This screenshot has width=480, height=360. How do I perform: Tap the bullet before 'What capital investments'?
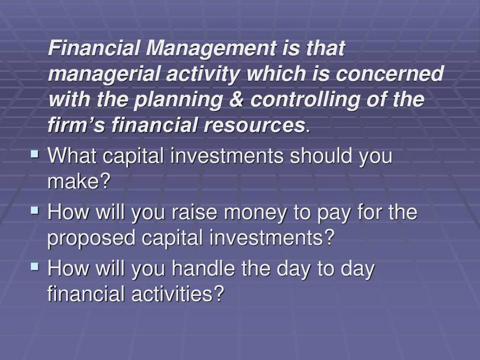click(35, 155)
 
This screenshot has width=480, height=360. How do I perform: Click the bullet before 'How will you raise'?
click(35, 211)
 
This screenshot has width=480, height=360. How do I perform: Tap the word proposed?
click(91, 238)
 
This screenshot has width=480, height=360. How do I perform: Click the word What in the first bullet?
click(73, 156)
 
